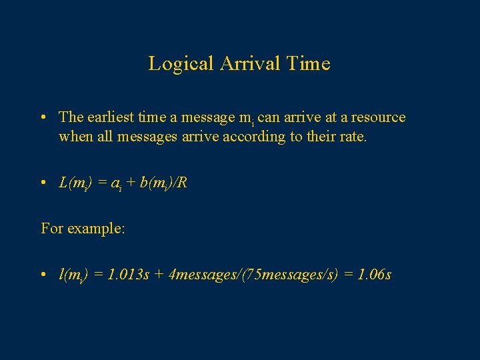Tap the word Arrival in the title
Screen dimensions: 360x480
click(243, 64)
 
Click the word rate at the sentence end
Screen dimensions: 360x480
click(353, 137)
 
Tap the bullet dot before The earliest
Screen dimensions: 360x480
click(42, 118)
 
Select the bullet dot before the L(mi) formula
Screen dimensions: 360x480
click(42, 183)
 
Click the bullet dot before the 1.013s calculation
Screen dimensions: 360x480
click(42, 275)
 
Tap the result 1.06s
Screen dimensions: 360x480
click(375, 274)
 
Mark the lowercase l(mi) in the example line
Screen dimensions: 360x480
click(73, 274)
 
